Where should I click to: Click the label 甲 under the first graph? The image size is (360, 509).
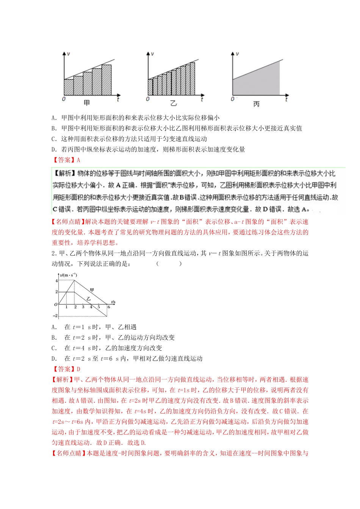[x=87, y=103]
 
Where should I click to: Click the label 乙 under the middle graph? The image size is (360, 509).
[x=174, y=103]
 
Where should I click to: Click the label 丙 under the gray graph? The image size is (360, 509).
[x=257, y=104]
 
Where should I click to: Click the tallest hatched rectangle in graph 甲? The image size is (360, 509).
[x=106, y=80]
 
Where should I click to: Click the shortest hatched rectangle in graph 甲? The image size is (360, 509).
[x=69, y=87]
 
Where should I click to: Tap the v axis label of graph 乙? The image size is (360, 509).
[x=152, y=54]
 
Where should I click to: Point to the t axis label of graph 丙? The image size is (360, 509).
[x=286, y=99]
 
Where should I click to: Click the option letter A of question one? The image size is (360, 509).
[x=54, y=118]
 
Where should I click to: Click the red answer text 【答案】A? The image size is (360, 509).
[x=66, y=160]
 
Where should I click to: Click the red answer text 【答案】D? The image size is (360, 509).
[x=66, y=369]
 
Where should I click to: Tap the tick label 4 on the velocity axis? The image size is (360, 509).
[x=57, y=281]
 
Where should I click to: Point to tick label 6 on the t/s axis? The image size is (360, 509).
[x=108, y=307]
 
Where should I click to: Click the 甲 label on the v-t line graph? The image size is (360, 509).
[x=92, y=290]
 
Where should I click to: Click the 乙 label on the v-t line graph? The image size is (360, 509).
[x=88, y=299]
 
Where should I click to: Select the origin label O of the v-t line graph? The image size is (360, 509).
[x=56, y=304]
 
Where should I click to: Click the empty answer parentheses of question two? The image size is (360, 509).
[x=169, y=264]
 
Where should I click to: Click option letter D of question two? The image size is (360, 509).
[x=54, y=359]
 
